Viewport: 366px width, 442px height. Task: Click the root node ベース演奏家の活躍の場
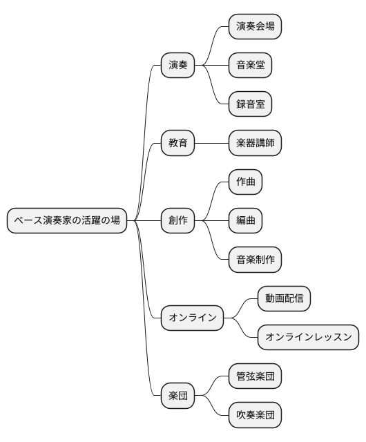67,221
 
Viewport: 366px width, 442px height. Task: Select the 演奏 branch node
177,66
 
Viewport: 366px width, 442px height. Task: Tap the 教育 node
177,144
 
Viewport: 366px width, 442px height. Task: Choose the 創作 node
177,221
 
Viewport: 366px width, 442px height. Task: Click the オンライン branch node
193,318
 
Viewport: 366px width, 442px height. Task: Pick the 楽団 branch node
177,396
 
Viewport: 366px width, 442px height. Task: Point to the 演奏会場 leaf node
256,27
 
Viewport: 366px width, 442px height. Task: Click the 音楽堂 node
250,66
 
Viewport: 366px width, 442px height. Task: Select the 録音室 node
250,104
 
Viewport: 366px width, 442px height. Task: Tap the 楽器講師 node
256,144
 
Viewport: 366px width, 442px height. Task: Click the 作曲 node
245,182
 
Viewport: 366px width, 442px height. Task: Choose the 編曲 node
245,221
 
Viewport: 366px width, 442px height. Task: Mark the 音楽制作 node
256,260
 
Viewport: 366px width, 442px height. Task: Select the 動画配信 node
284,299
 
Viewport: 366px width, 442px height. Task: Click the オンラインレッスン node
308,338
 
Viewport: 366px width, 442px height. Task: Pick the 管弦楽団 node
256,377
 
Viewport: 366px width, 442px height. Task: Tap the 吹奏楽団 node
256,416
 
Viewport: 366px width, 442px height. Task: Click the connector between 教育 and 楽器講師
211,144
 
